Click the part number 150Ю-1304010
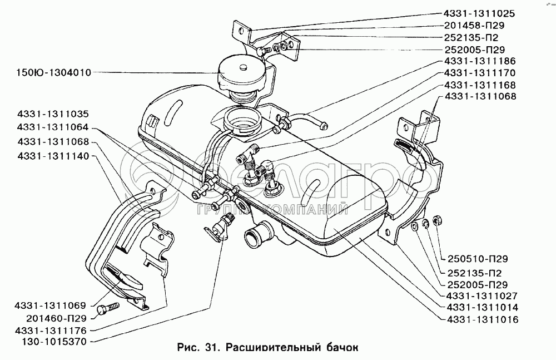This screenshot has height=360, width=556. pyautogui.click(x=47, y=73)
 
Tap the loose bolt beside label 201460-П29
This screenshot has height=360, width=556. pyautogui.click(x=107, y=308)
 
